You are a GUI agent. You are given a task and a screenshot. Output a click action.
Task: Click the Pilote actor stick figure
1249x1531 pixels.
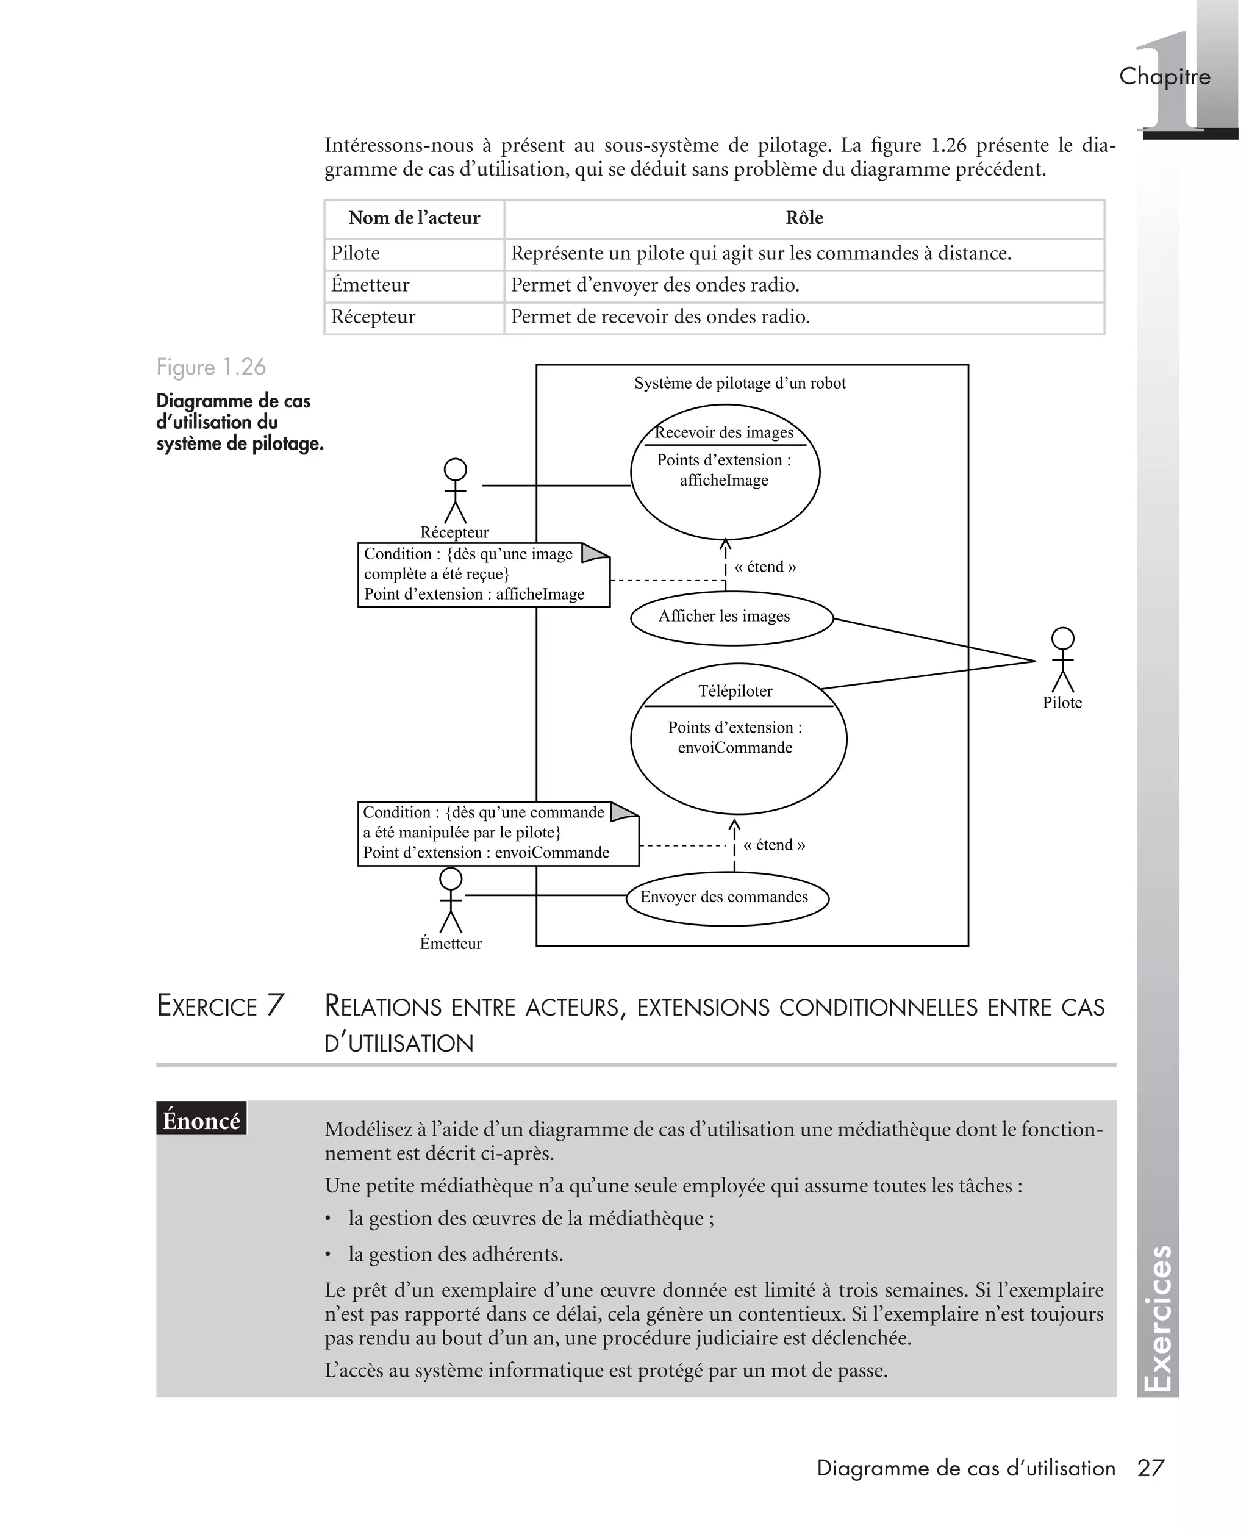1062,660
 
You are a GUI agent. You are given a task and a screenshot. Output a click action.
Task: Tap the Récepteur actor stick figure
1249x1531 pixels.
455,492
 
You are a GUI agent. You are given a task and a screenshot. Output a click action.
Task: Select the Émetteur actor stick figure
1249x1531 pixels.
451,900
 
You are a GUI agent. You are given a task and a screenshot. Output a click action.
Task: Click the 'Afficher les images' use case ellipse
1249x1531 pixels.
731,617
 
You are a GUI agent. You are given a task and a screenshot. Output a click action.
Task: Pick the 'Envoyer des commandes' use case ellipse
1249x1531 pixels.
727,898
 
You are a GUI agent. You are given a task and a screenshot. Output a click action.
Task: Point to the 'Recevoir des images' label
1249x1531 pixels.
724,432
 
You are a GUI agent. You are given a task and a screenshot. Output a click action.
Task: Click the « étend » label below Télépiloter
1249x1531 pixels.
773,845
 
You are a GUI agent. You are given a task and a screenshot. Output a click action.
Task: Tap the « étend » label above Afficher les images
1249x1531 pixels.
765,567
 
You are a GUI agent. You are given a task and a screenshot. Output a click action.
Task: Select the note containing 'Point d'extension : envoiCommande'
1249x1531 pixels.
497,833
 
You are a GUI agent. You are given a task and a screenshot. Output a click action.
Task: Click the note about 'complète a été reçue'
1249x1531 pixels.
483,575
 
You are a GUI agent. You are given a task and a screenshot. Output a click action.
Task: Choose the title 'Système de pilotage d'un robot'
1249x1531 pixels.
740,384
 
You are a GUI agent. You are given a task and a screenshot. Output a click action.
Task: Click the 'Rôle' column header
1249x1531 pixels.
804,218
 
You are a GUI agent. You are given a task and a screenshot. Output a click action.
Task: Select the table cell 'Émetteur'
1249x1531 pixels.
370,285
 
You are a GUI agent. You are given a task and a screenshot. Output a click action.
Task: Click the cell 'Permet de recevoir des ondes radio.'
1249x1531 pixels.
660,317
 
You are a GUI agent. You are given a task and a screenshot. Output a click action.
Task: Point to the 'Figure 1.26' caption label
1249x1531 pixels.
211,367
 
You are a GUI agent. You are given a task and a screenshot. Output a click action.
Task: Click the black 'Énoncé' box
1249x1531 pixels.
201,1120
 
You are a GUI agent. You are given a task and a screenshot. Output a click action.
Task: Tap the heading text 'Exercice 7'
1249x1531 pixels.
220,1006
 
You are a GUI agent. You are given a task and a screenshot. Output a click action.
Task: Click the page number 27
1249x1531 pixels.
1150,1468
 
